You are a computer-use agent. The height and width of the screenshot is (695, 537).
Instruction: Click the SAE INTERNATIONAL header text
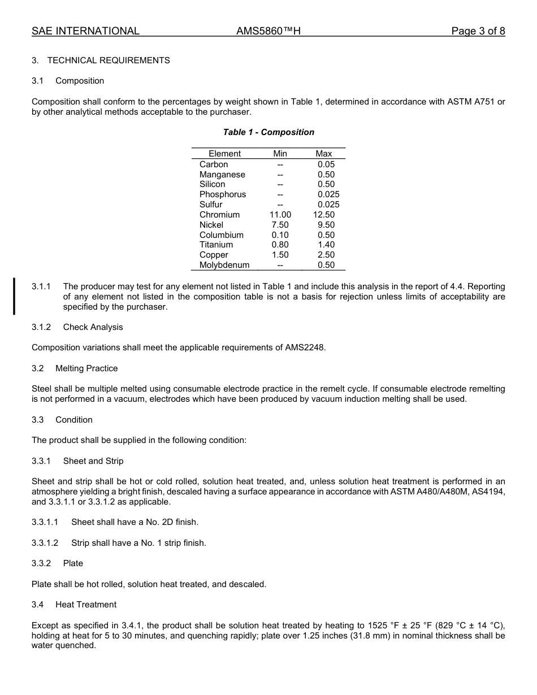click(x=85, y=32)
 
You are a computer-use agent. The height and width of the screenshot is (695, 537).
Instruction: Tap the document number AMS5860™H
click(x=268, y=32)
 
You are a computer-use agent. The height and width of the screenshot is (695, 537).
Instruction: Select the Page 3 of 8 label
click(x=478, y=32)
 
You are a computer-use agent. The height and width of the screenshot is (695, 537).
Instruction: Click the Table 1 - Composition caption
click(x=268, y=132)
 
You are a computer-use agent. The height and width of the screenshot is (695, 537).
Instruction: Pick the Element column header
click(x=224, y=154)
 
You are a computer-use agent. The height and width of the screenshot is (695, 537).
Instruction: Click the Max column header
click(x=324, y=154)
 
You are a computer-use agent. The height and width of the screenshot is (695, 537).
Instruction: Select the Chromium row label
click(x=219, y=215)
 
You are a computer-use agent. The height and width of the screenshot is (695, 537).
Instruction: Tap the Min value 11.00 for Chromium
click(x=280, y=215)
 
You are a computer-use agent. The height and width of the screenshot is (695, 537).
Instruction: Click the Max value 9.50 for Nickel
click(x=326, y=225)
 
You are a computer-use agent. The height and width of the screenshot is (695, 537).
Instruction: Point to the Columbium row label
click(x=222, y=235)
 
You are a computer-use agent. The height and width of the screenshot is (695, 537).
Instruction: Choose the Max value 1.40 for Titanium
click(x=326, y=245)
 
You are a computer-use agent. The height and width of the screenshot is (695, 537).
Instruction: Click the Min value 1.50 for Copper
click(x=280, y=255)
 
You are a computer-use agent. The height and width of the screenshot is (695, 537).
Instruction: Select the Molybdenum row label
click(x=224, y=265)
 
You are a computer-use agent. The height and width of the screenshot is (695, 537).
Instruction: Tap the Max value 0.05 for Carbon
click(x=326, y=164)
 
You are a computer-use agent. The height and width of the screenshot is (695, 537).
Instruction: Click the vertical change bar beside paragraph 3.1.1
click(x=15, y=296)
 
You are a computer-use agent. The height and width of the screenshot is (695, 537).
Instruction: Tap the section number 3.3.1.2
click(x=45, y=543)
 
